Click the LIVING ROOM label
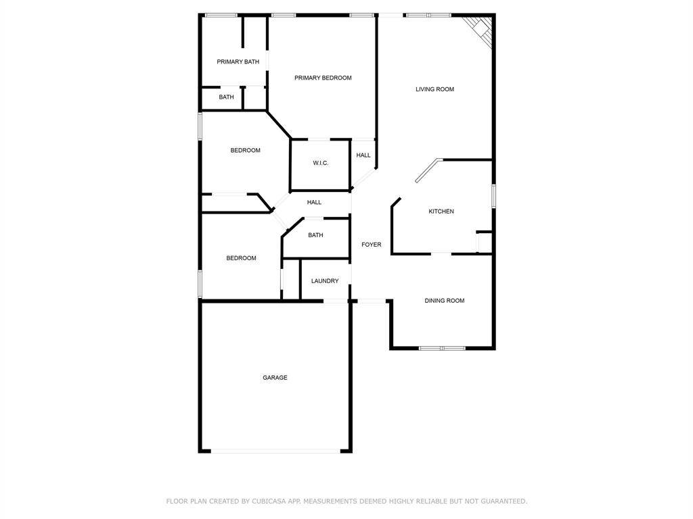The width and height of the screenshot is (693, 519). [x=434, y=89]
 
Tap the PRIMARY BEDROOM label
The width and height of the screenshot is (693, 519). [x=323, y=78]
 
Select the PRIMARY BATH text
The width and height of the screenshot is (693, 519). [x=238, y=61]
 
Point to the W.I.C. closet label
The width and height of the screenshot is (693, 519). [x=320, y=164]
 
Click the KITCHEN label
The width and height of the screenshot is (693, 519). [x=441, y=212]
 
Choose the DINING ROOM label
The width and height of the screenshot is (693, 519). [x=444, y=301]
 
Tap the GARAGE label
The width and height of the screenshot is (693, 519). [x=275, y=377]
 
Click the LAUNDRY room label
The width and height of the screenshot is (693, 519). [x=325, y=280]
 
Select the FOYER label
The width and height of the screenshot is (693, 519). [x=372, y=245]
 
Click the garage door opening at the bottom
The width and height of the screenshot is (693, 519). [x=276, y=451]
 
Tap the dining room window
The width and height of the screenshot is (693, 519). [x=442, y=348]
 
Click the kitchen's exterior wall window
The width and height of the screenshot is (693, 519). [x=493, y=196]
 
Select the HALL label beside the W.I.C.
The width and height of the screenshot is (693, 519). [x=363, y=155]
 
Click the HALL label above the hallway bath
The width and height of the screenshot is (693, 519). [x=314, y=202]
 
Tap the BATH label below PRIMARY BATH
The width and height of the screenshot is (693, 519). [x=226, y=97]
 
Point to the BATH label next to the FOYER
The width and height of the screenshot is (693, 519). [x=315, y=235]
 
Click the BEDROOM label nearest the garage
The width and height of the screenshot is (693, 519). [x=241, y=258]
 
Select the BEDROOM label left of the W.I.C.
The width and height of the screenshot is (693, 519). [x=245, y=151]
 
